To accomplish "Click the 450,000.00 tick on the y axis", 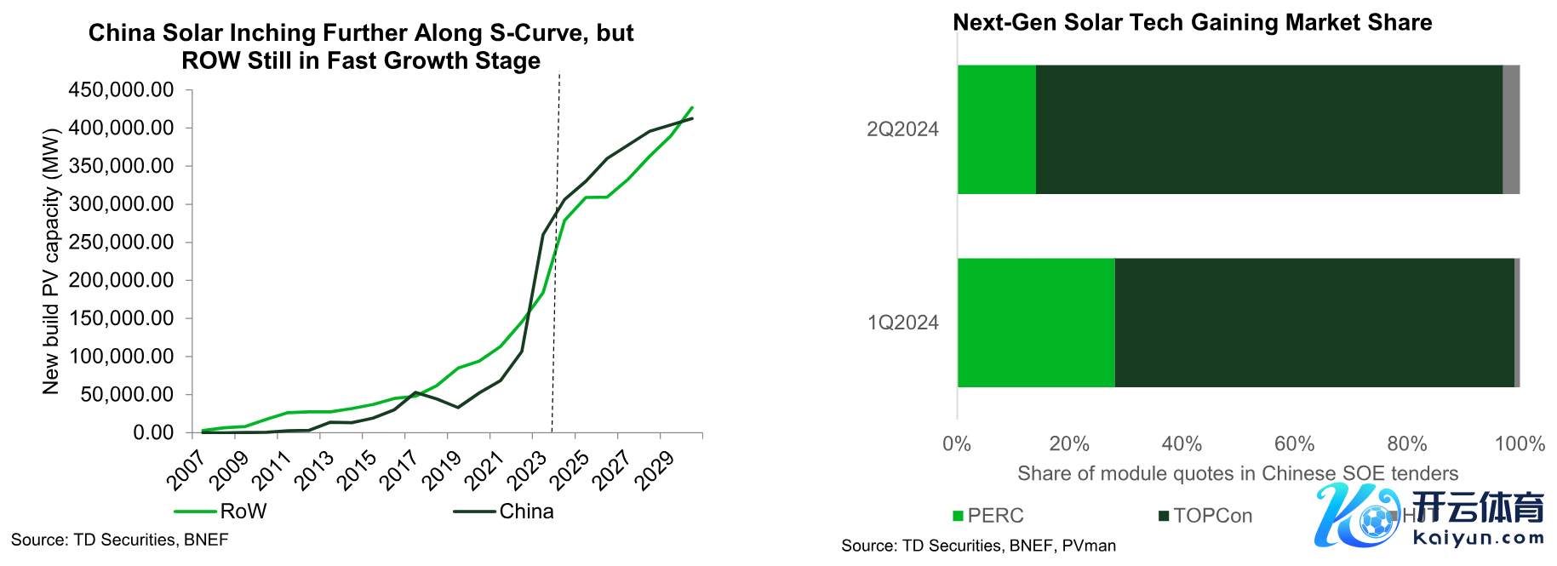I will point(121,90).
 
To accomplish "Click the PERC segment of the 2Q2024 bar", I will point(996,129).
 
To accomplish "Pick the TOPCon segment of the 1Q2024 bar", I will point(1314,323).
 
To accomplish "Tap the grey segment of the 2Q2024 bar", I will point(1511,129).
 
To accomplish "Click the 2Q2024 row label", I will point(902,129).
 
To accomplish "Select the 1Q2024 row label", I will point(902,323).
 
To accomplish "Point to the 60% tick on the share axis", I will point(1294,444).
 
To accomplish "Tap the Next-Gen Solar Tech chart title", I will point(1192,23).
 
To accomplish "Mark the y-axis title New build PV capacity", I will point(51,261).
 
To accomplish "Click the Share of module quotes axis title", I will point(1238,474).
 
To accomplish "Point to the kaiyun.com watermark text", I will point(1478,538).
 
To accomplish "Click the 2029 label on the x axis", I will point(654,471).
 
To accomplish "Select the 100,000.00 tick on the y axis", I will point(121,357).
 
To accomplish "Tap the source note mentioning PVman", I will point(978,546).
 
